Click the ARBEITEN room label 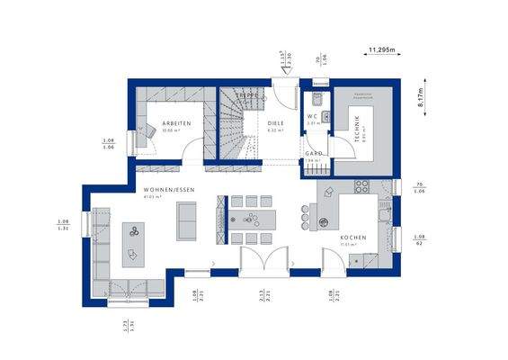176,124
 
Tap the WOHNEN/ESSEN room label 168,190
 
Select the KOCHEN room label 352,238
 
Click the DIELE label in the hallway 276,124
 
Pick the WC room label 312,115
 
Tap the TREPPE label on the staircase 248,94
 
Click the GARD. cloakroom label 313,154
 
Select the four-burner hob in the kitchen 362,187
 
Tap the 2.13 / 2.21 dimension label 262,296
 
